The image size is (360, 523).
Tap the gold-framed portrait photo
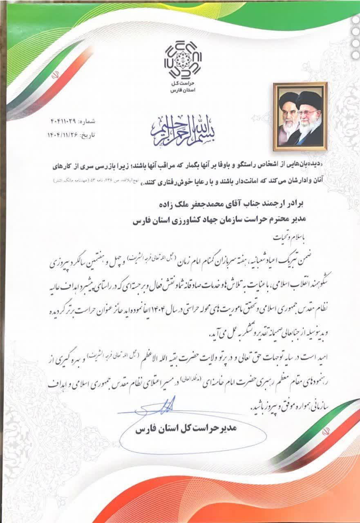[x=300, y=114]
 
